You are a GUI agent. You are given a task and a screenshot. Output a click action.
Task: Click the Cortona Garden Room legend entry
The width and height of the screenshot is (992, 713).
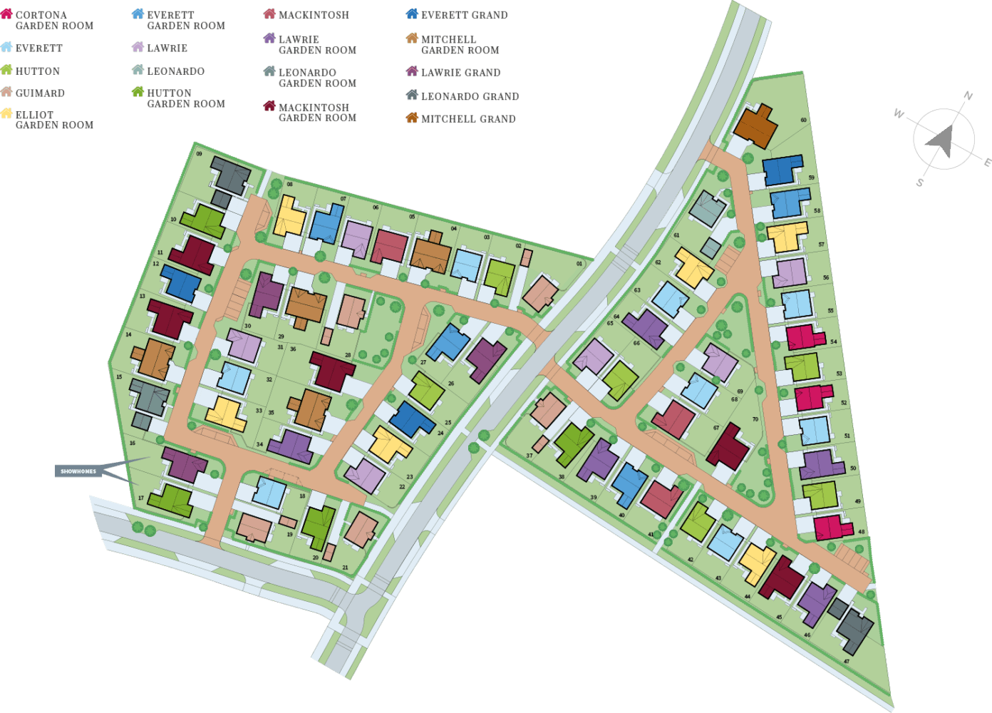click(48, 20)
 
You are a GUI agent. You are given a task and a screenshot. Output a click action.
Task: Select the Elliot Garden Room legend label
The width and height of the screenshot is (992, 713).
click(48, 119)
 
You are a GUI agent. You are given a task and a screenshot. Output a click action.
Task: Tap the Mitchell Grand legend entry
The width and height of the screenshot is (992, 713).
click(461, 118)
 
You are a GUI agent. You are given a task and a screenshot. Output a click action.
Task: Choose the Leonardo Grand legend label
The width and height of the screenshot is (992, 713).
click(463, 96)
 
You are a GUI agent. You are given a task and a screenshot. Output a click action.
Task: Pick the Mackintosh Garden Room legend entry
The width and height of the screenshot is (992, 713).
click(311, 112)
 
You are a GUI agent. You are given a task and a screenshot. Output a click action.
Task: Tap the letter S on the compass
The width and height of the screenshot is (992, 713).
click(919, 183)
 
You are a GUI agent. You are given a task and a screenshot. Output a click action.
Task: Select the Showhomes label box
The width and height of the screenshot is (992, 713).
click(78, 471)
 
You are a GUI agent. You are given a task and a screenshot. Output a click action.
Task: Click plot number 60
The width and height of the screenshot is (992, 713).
click(803, 120)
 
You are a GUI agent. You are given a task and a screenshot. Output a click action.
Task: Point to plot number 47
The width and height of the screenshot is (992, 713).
click(846, 661)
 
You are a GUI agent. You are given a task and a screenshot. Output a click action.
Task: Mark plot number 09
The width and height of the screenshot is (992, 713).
click(199, 153)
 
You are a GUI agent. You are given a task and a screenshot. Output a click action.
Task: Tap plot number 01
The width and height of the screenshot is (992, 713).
click(579, 264)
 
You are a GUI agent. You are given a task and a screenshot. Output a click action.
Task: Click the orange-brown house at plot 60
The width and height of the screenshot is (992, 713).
click(755, 126)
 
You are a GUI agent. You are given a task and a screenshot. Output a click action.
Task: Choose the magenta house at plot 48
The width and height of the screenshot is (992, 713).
click(832, 528)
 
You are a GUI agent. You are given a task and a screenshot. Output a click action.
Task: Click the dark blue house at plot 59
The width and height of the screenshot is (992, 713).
click(782, 170)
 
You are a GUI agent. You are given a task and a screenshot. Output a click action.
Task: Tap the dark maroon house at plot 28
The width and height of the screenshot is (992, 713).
click(332, 370)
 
